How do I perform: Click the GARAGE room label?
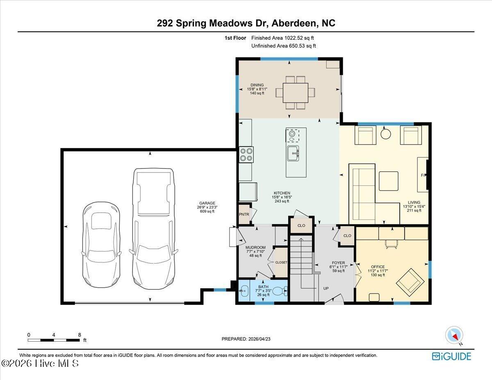coord(207,203)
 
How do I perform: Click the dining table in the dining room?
coord(295,93)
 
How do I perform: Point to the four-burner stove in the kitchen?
coord(246,155)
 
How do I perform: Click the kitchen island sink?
coord(294,154)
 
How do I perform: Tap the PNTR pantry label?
coord(244,214)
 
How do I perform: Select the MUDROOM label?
coord(255,248)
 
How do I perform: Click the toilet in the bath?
coord(280,291)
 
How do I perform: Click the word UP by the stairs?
coord(326,288)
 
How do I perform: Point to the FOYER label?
coord(338,263)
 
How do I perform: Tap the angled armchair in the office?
coord(410,281)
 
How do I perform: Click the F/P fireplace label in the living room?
coord(424,175)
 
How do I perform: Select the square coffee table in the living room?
coord(388,181)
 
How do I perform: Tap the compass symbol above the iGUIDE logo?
coord(454,335)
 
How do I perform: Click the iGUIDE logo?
coord(451,356)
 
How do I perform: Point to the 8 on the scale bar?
coord(79,334)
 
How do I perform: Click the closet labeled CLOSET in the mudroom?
coord(281,262)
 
